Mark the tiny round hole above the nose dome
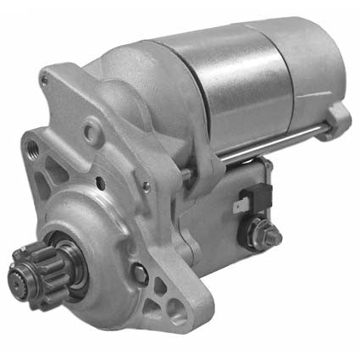click(x=101, y=180)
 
